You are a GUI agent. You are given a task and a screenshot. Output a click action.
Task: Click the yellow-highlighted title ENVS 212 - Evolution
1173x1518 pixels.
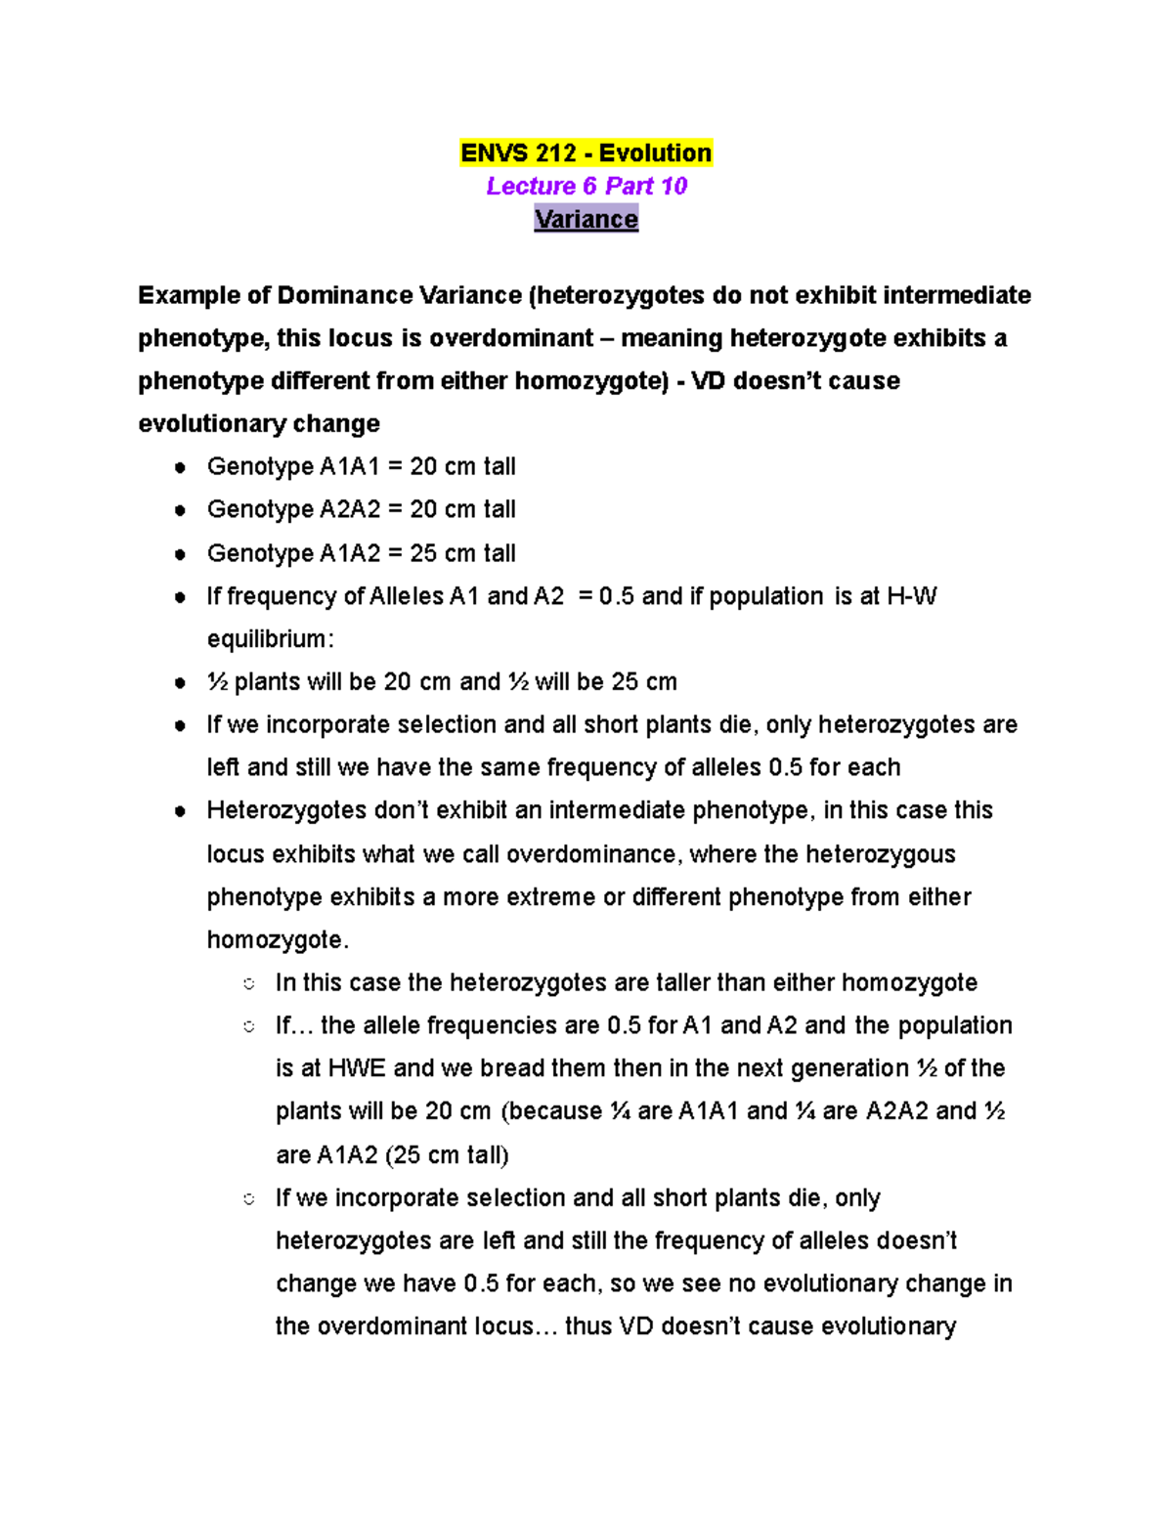(586, 153)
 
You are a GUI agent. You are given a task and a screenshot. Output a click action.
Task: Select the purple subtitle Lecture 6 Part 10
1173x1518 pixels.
(586, 186)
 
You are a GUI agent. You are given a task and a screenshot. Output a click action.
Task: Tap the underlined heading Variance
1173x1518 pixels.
(586, 219)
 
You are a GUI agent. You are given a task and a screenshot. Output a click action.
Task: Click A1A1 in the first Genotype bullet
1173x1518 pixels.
(350, 467)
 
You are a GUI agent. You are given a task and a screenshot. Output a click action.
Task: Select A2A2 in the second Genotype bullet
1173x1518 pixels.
(350, 509)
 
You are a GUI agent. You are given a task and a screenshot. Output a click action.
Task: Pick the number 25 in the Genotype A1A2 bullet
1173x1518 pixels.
(422, 553)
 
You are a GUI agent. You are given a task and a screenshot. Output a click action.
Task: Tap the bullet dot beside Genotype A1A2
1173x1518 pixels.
(180, 554)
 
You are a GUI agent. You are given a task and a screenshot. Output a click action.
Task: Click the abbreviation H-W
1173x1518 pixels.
(911, 596)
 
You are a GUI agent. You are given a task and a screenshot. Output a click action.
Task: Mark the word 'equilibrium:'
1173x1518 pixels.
(271, 639)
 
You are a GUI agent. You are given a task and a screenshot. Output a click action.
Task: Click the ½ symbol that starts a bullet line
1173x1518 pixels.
(217, 682)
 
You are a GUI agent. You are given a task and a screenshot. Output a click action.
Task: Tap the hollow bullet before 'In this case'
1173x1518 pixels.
(249, 983)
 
